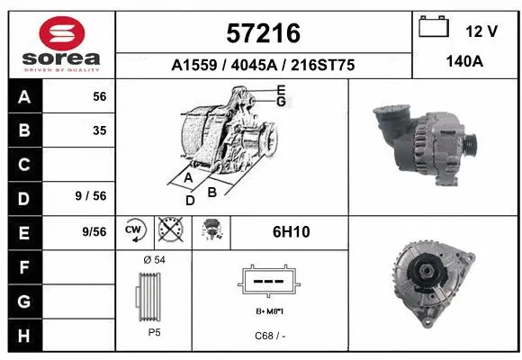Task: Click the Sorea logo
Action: click(x=61, y=44)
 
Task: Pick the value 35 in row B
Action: click(x=100, y=130)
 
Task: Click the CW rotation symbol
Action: click(x=135, y=231)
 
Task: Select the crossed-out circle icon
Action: click(x=168, y=231)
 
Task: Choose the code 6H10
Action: click(x=291, y=232)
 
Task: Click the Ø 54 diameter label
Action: click(x=153, y=260)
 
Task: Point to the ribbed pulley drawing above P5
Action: click(x=152, y=296)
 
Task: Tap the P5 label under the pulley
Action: click(x=153, y=332)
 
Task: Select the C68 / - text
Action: click(x=270, y=337)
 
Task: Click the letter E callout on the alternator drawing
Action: click(x=281, y=90)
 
